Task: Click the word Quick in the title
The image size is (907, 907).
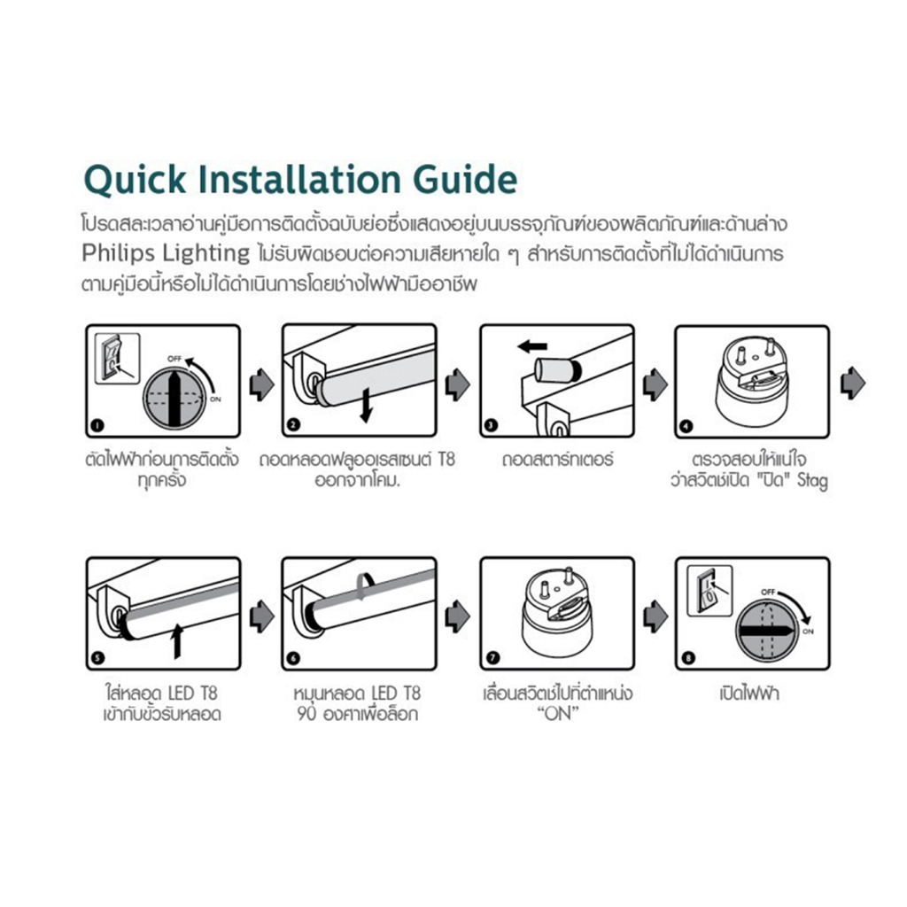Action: click(x=136, y=180)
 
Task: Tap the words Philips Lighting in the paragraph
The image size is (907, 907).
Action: click(x=166, y=253)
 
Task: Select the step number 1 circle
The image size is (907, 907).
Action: click(x=97, y=426)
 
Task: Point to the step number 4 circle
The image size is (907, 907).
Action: click(x=686, y=427)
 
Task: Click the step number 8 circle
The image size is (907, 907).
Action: click(x=687, y=658)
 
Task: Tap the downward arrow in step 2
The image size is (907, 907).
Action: click(x=366, y=406)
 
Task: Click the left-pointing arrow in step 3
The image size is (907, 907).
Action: click(x=532, y=346)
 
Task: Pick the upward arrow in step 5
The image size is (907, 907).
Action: click(x=177, y=641)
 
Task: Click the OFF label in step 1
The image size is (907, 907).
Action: click(x=174, y=359)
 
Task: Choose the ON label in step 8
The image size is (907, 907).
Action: click(x=808, y=631)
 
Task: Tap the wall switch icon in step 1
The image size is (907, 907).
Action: click(x=118, y=359)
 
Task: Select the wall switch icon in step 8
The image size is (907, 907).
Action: click(x=709, y=591)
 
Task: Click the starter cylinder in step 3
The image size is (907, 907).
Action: click(x=557, y=370)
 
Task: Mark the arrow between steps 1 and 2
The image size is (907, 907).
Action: click(x=262, y=384)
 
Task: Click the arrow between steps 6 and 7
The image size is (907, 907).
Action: click(x=458, y=616)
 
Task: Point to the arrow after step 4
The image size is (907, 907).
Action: click(x=853, y=383)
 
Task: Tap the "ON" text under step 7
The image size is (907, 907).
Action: click(x=558, y=714)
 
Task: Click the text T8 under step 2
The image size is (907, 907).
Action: click(x=446, y=460)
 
